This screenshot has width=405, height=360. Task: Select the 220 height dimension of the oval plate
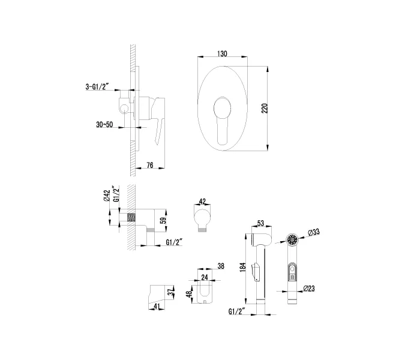coord(265,108)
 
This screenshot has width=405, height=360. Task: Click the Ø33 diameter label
coord(313,232)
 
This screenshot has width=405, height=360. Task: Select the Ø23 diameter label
coord(310,289)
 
